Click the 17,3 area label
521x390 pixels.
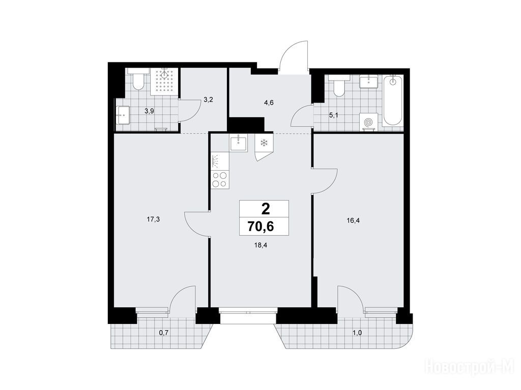pos(154,219)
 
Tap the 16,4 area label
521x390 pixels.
pos(354,220)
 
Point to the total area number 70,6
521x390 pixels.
pos(260,226)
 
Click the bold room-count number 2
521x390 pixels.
pos(266,209)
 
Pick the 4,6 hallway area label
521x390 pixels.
pos(269,103)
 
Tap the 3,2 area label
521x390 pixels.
pos(208,100)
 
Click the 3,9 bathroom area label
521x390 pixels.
pos(149,111)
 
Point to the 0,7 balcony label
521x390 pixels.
pos(164,332)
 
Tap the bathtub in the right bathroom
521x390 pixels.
pos(393,101)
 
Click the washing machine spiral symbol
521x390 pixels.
pos(368,122)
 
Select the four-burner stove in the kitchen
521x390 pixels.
pos(220,180)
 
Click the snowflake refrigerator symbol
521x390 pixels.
pos(264,143)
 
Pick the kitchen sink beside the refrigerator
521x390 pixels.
pos(239,143)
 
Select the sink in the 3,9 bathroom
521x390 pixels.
pos(123,115)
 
